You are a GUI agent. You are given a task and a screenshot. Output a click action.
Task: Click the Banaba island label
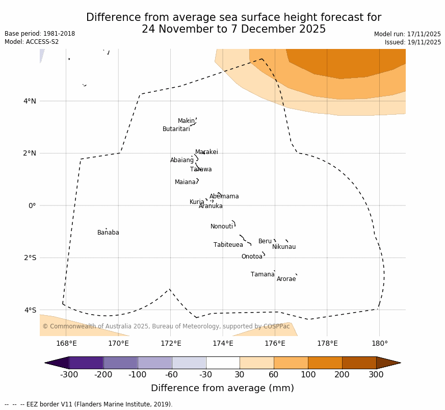108,233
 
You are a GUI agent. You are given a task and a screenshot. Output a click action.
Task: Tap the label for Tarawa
201,169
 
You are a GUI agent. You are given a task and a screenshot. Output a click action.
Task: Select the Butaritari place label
176,129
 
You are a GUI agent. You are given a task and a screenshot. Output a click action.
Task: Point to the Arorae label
286,279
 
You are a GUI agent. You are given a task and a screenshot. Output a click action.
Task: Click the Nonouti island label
221,226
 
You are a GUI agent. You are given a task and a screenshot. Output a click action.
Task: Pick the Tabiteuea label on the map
228,245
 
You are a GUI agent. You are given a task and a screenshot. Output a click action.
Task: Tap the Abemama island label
224,196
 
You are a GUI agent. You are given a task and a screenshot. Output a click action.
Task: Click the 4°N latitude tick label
30,101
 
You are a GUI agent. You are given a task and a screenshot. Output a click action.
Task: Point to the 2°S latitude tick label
30,258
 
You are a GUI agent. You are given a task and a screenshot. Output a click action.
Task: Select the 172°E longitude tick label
170,343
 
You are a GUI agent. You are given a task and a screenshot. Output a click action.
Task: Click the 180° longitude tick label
379,343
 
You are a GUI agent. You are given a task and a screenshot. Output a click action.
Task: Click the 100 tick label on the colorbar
308,375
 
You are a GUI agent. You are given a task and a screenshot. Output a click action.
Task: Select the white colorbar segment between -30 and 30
223,363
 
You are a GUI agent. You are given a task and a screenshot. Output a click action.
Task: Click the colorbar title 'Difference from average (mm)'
222,388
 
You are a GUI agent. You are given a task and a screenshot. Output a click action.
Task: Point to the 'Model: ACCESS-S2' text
32,42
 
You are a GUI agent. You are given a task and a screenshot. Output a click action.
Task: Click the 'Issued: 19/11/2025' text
412,42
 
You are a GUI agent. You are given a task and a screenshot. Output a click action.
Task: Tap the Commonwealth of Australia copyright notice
166,326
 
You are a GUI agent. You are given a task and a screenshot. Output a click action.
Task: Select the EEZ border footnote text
89,404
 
